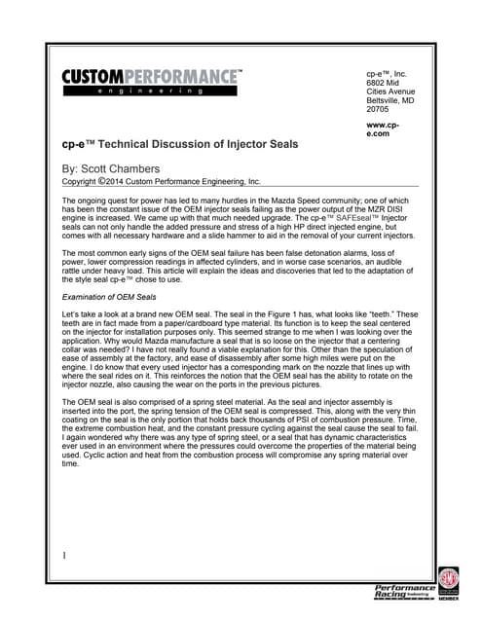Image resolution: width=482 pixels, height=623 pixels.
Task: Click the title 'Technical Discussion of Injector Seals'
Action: [195, 144]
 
